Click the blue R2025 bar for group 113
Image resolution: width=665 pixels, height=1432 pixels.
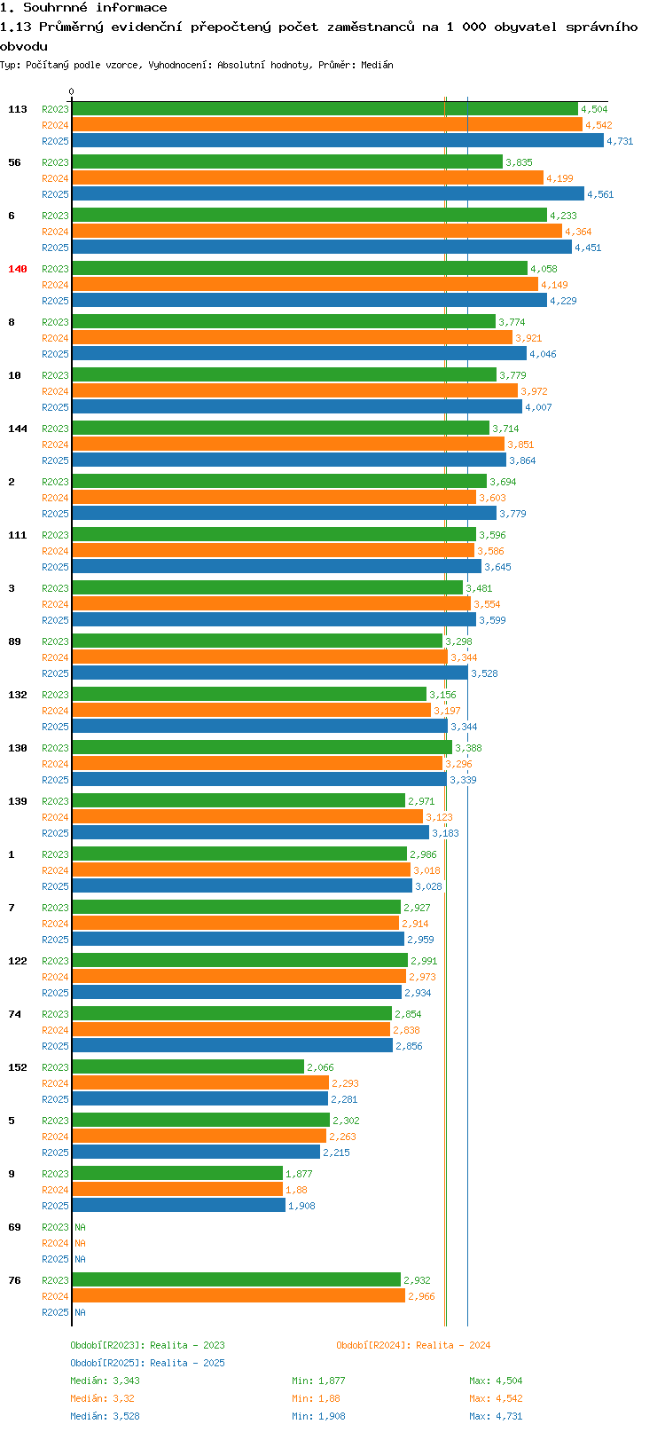tap(337, 141)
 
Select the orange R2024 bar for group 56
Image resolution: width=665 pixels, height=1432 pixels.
tap(307, 178)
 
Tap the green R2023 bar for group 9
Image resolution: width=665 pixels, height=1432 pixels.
tap(176, 1174)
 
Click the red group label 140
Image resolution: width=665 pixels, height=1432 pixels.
tap(18, 269)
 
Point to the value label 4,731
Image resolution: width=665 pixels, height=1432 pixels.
tap(620, 141)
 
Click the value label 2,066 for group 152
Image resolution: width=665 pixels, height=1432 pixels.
tap(320, 1067)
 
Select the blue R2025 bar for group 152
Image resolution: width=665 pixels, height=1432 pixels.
tap(199, 1099)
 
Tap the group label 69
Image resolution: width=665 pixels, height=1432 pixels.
tap(14, 1227)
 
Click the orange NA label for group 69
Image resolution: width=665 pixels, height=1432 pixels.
tap(80, 1243)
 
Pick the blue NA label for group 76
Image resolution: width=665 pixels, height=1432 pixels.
tap(80, 1312)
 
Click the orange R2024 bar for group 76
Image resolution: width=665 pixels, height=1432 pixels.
tap(238, 1296)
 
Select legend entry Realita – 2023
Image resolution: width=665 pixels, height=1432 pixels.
tap(147, 1345)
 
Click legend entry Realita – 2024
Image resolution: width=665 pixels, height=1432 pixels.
tap(413, 1345)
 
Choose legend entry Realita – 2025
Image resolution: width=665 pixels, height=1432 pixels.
tap(147, 1363)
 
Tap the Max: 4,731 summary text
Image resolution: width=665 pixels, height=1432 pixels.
tap(496, 1416)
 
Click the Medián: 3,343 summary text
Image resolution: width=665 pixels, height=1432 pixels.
tap(105, 1381)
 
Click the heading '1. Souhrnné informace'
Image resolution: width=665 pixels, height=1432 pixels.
tap(83, 7)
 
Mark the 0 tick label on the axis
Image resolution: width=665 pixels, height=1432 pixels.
tap(72, 91)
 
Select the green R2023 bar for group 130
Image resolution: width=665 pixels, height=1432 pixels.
tap(262, 748)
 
